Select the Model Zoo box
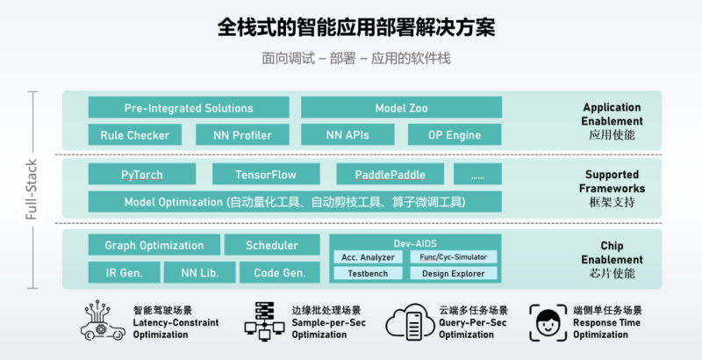[x=401, y=108]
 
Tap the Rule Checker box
[x=134, y=135]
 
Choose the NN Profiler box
[x=241, y=135]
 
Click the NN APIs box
[x=348, y=135]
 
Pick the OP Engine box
[x=455, y=135]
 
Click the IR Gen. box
[x=124, y=273]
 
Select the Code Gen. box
[x=280, y=273]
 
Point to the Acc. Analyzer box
[x=369, y=257]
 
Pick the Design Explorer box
[x=454, y=273]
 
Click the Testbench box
[x=369, y=273]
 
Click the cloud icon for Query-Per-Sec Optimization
[x=410, y=322]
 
